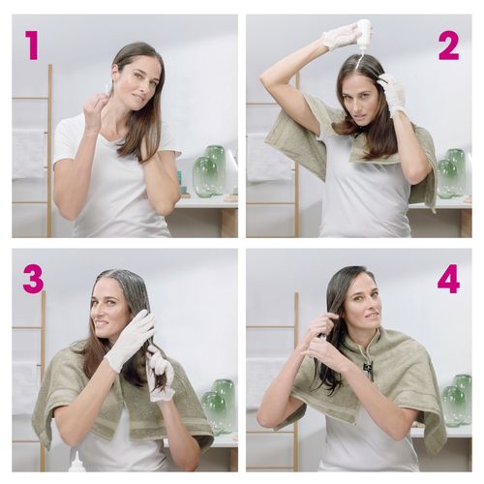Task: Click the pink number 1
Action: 31,45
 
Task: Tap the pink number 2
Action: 448,45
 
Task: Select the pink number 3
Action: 33,279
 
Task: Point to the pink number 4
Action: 448,279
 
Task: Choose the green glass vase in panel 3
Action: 219,405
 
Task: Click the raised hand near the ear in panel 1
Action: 98,111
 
